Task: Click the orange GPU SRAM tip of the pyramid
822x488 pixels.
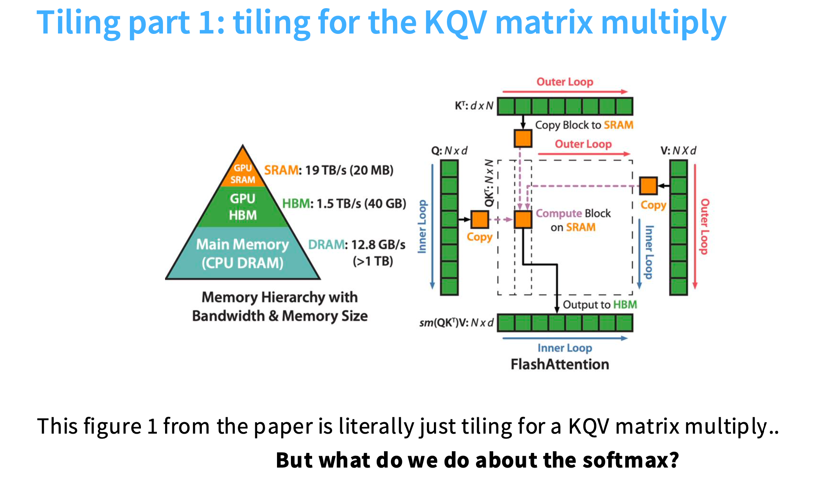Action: coord(243,172)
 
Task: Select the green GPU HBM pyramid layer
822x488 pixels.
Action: coord(243,207)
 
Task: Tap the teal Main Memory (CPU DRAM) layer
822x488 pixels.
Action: coord(243,253)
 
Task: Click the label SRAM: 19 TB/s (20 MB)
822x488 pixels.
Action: coord(328,170)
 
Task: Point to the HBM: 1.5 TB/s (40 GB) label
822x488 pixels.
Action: coord(344,204)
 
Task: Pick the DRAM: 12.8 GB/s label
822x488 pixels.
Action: coord(356,244)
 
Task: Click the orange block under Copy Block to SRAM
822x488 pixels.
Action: coord(523,139)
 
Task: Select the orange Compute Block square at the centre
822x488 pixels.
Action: coord(523,219)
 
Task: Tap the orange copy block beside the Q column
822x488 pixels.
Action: coord(480,219)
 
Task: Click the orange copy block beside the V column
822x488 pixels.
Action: coord(648,186)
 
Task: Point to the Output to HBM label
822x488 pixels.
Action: coord(600,304)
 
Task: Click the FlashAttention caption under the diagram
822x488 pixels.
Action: coord(560,364)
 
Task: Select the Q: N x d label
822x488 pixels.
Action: coord(449,151)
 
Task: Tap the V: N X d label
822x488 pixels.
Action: coord(678,151)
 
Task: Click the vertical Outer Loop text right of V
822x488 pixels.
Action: coord(705,227)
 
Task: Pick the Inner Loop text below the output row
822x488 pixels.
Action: coord(565,348)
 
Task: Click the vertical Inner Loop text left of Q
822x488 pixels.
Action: coord(422,227)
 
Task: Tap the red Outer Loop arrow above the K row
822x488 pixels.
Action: coord(565,92)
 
